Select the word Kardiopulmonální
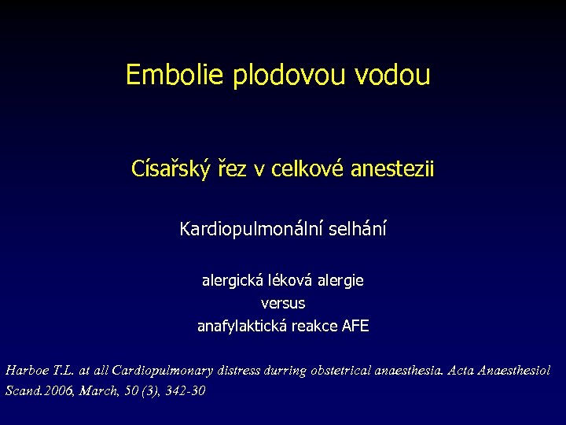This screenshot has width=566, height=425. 245,230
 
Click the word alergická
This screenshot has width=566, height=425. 231,279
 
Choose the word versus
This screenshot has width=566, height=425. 283,302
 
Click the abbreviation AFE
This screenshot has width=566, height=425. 355,326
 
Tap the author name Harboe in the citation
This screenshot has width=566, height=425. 26,369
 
